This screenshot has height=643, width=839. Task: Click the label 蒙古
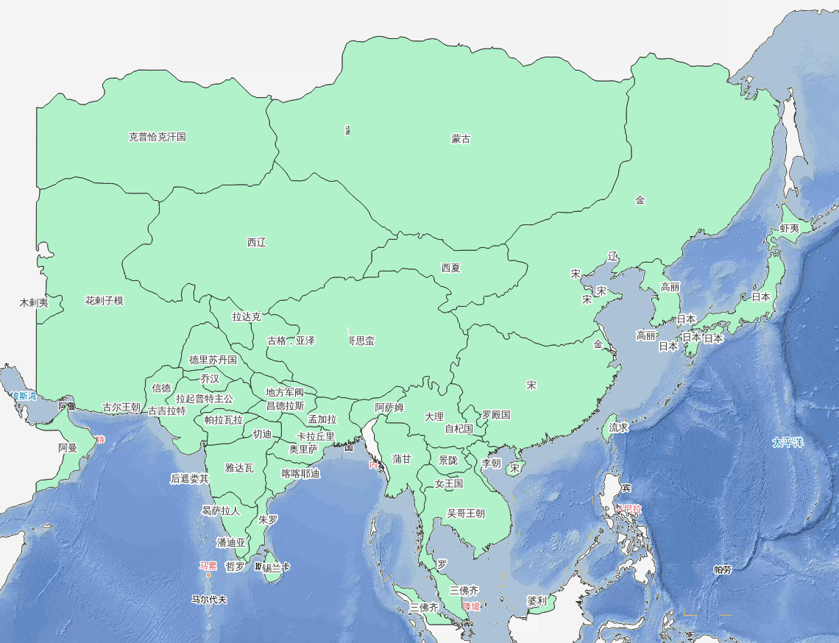461,139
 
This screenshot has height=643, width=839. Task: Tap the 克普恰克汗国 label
157,137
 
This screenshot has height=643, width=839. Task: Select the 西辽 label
256,243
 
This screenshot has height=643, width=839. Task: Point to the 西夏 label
450,269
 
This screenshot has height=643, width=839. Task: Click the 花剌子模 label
105,301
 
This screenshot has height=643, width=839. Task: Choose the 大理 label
434,416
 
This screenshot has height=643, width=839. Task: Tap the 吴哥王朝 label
466,514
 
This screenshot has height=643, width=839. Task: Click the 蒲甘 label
402,459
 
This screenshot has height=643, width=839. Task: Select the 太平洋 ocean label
788,443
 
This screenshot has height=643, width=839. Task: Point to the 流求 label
618,427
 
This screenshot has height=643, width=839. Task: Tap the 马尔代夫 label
209,600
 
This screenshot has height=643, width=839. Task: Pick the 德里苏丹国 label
213,360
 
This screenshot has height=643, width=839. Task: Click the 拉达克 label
247,317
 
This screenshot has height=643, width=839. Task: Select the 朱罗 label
268,519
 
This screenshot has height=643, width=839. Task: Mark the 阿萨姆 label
389,408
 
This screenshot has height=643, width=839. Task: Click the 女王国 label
449,484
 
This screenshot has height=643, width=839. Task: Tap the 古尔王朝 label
121,407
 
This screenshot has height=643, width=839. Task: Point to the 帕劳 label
723,569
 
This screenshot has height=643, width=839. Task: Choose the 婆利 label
537,601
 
